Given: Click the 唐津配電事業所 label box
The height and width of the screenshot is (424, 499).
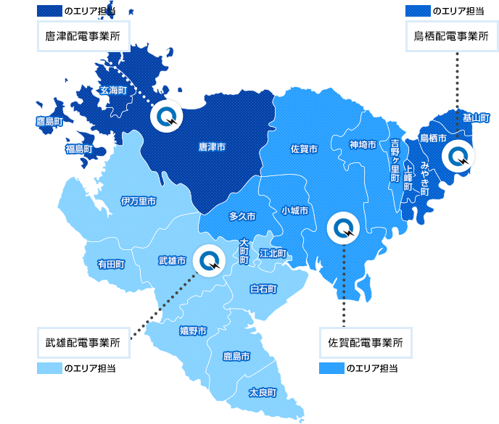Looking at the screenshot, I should (x=83, y=36).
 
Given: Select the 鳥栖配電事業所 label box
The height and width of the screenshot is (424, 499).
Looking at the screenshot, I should (x=451, y=36).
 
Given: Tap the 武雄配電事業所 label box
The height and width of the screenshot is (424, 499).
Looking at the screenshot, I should (x=83, y=342).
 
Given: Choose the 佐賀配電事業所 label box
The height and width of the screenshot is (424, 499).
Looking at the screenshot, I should (x=365, y=342).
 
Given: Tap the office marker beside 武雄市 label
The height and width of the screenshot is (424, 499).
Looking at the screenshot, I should (x=210, y=260).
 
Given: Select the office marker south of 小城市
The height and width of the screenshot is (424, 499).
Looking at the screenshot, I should (x=342, y=228).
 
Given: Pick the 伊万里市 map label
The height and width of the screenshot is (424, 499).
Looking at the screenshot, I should (x=138, y=201).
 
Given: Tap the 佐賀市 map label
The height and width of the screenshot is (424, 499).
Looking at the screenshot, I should (x=304, y=149).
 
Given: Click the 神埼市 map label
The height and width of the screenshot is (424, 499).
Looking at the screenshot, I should (x=363, y=145).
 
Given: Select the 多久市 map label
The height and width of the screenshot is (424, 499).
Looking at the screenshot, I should (x=242, y=216).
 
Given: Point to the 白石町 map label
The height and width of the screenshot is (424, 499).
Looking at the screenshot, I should (x=263, y=288).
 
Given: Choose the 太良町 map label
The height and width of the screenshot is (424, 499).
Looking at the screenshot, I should (x=263, y=392).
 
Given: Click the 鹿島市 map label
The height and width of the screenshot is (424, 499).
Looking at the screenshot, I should (x=236, y=357).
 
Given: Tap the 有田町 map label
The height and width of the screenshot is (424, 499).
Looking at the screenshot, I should (x=111, y=265).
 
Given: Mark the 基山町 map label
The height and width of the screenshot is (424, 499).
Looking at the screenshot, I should (x=476, y=117).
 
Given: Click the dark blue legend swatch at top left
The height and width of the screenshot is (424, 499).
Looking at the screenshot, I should (x=49, y=11).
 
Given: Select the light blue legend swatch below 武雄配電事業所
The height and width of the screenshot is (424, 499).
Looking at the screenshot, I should (x=49, y=368).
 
